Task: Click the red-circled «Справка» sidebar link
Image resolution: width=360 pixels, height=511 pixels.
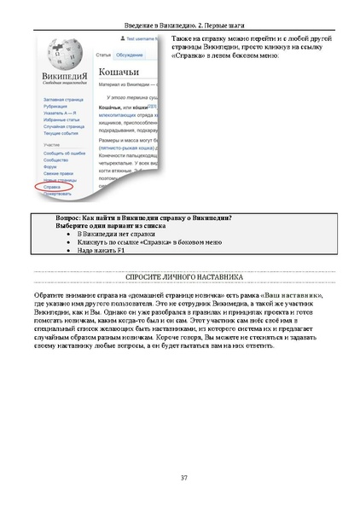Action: (x=53, y=186)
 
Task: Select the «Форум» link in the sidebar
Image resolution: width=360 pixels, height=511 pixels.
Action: (x=49, y=168)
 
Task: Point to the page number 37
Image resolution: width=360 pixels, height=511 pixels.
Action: (x=183, y=478)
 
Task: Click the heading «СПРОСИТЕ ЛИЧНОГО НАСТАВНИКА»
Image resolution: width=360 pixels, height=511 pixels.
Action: (x=183, y=278)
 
